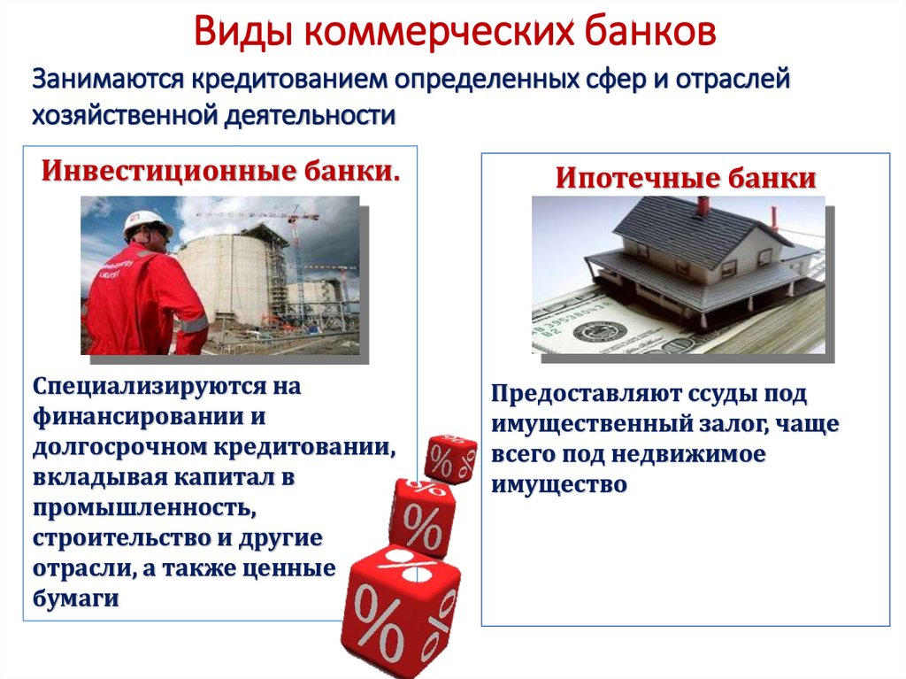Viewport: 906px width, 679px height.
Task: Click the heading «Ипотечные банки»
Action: [686, 178]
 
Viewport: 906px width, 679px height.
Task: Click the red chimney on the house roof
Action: [703, 205]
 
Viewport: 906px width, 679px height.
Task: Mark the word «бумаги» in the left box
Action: [76, 598]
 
